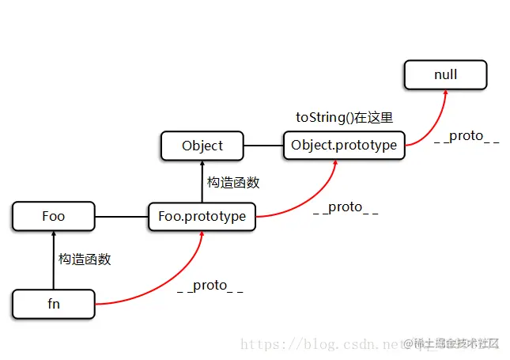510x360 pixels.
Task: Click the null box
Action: click(445, 75)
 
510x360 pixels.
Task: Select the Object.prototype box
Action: click(344, 146)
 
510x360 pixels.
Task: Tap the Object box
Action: click(202, 146)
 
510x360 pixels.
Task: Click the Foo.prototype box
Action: click(202, 216)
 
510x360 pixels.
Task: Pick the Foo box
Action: click(54, 216)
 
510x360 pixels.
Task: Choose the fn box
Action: click(54, 302)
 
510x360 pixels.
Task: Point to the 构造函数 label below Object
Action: click(233, 182)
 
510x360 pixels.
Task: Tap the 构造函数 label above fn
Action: click(85, 259)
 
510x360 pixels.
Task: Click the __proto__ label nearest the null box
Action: click(467, 136)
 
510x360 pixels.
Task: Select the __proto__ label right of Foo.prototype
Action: click(346, 207)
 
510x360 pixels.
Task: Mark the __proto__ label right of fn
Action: click(210, 286)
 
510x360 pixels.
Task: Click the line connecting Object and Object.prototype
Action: click(263, 146)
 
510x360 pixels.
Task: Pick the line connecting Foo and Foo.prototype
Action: click(121, 216)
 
